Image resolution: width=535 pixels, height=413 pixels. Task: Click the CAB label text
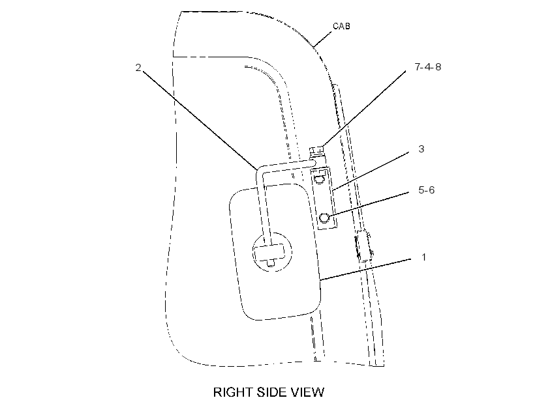click(341, 26)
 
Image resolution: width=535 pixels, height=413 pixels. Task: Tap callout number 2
click(138, 68)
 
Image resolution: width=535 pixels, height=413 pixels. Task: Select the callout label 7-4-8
click(428, 67)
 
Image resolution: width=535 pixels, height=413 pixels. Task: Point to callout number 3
click(421, 149)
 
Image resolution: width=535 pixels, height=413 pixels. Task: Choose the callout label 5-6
click(427, 190)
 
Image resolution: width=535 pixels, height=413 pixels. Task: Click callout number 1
click(424, 257)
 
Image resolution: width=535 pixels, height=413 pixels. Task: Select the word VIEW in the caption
click(307, 392)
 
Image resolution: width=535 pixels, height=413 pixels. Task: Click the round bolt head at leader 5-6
click(324, 218)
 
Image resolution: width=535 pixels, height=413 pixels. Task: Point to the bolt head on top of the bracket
click(316, 150)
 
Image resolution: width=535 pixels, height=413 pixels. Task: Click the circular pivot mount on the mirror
click(271, 252)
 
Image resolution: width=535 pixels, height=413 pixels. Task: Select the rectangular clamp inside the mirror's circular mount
click(269, 252)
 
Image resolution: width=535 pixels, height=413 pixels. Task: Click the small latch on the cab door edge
click(365, 246)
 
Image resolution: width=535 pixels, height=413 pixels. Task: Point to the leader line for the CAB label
click(322, 39)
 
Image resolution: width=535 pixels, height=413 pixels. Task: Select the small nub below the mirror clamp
click(271, 263)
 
